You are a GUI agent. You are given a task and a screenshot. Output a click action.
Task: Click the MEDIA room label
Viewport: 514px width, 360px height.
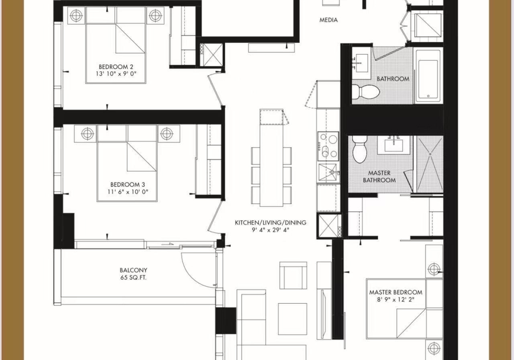(328, 20)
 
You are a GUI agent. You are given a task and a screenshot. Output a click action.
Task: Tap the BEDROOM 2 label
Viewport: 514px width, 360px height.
(116, 67)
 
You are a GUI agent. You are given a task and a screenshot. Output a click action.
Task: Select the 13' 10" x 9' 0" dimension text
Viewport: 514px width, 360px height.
(116, 74)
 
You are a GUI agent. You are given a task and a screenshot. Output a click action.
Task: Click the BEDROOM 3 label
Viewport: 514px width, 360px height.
(127, 185)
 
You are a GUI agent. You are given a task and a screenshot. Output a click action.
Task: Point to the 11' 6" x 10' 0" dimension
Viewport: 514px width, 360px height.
(127, 192)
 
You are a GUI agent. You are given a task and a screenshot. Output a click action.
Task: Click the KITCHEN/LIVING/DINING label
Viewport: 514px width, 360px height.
(270, 223)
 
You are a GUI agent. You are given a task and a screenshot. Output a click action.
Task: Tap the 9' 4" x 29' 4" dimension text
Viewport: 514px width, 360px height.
(270, 230)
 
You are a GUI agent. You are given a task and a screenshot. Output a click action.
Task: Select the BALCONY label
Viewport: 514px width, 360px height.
(133, 271)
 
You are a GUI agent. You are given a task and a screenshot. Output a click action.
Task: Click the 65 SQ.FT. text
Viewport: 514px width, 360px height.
(133, 278)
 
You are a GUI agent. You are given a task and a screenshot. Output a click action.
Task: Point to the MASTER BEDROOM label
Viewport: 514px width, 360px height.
(396, 292)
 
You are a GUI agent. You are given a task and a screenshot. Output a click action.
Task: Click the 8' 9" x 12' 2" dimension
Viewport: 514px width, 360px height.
(396, 299)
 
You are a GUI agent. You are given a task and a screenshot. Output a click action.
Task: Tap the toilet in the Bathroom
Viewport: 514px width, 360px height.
(366, 91)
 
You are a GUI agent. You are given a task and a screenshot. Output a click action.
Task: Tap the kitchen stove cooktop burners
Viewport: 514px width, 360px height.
(328, 146)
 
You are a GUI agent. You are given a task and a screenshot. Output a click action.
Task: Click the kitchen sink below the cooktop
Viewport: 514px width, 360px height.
(329, 173)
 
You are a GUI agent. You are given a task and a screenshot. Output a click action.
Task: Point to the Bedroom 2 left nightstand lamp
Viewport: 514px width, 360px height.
(75, 15)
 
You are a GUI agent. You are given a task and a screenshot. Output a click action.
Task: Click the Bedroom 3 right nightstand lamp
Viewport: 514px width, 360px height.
(167, 133)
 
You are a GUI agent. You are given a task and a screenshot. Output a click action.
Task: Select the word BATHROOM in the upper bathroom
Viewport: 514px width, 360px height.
(392, 79)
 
